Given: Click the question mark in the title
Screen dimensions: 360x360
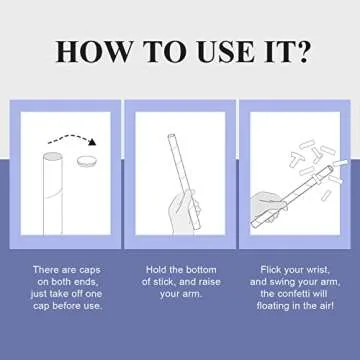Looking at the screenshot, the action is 302,52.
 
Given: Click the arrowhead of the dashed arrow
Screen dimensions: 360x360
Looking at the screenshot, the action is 92,142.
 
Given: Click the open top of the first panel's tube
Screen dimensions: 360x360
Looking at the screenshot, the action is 53,156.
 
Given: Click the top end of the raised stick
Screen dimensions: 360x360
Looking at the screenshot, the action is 171,136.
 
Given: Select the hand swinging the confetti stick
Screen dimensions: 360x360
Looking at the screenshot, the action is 269,206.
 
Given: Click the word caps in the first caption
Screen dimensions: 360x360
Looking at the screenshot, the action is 90,270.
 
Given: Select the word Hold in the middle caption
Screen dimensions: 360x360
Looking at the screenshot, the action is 156,269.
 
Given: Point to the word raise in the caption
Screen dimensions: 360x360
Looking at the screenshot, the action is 209,282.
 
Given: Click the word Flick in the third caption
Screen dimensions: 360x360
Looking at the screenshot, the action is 270,269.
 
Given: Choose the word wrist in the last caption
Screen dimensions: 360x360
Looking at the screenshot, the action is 318,270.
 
